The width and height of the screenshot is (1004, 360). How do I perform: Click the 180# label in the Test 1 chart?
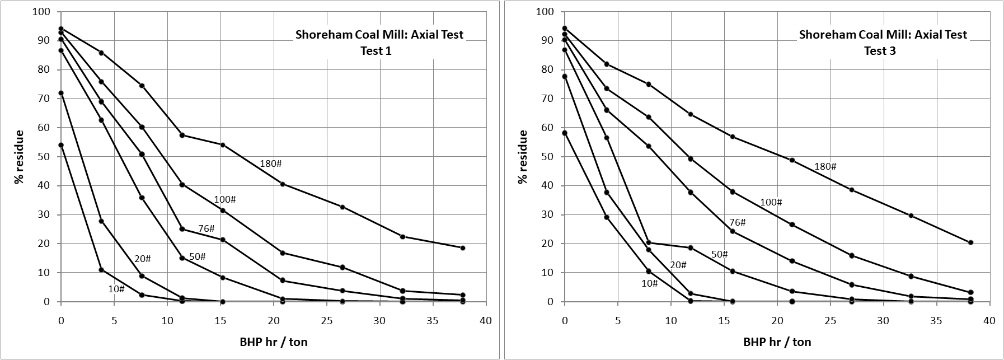tap(271, 164)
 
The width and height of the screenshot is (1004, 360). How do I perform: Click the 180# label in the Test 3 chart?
tap(825, 167)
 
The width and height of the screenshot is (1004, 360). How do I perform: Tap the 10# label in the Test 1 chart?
tap(116, 289)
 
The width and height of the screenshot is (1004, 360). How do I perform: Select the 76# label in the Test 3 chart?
tap(738, 222)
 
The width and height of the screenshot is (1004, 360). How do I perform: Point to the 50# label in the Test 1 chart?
tap(197, 256)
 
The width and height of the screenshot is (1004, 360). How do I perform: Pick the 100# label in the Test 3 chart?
tap(771, 202)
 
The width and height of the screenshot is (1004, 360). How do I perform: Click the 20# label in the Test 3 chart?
tap(678, 265)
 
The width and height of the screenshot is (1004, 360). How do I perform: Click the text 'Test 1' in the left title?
tap(377, 50)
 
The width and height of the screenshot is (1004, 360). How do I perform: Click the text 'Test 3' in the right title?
tap(880, 50)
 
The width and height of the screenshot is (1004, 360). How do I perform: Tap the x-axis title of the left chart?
tap(274, 342)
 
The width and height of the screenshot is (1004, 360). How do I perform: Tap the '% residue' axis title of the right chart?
tap(523, 157)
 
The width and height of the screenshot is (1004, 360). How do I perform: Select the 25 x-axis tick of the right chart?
tap(830, 321)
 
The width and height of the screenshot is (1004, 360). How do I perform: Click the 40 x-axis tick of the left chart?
tap(486, 321)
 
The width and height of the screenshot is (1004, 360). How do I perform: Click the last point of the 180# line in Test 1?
tap(463, 248)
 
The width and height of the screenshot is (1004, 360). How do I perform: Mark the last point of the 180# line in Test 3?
tap(970, 242)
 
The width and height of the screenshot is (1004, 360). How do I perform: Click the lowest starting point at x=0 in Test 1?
tap(61, 145)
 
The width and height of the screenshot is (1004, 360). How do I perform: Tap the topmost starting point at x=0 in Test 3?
tap(564, 28)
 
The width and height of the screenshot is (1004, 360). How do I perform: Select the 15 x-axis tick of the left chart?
tap(220, 321)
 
